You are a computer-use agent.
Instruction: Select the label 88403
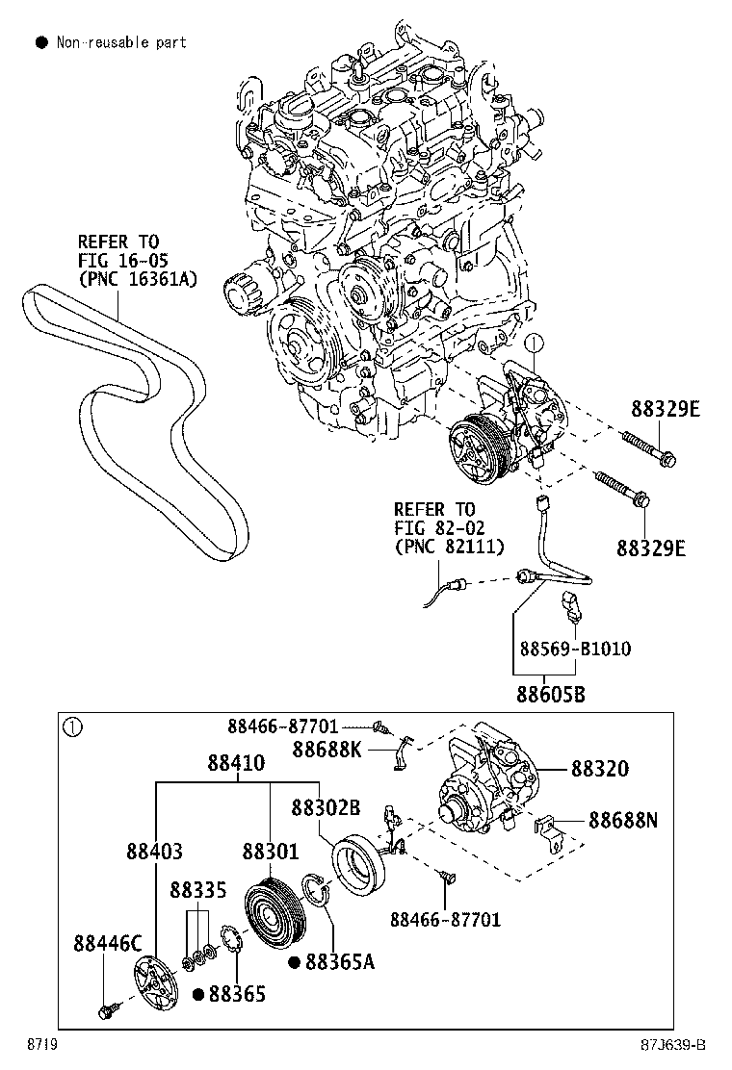click(x=153, y=852)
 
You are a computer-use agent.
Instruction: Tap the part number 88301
click(x=270, y=852)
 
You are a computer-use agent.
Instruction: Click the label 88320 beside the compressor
click(x=599, y=769)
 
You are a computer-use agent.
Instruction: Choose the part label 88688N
click(x=623, y=820)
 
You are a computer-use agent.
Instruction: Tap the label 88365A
click(x=339, y=961)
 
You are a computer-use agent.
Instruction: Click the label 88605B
click(x=550, y=694)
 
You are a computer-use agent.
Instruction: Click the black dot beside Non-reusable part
click(x=41, y=42)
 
